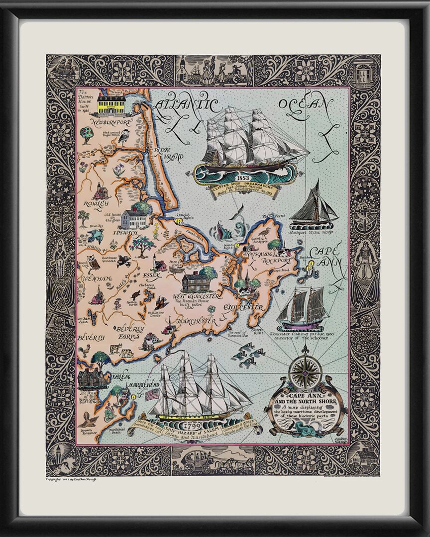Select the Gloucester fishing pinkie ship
coord(301,308)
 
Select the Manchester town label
coord(197,321)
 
